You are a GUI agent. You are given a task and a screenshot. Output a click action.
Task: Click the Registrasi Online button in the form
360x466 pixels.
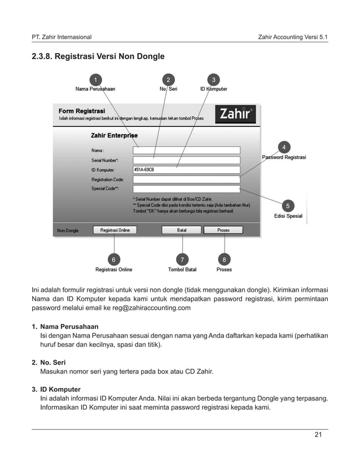click(x=115, y=230)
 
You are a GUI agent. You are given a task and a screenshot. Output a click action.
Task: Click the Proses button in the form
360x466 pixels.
click(x=223, y=230)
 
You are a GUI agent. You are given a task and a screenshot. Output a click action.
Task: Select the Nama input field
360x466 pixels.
click(x=186, y=150)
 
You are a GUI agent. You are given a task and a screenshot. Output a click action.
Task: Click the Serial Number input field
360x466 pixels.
click(x=186, y=160)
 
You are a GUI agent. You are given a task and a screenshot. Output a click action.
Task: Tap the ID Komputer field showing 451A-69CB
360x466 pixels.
click(x=186, y=169)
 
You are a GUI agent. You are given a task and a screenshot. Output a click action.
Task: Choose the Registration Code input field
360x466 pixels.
click(x=186, y=179)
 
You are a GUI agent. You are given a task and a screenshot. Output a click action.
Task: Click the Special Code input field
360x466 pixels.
click(x=186, y=188)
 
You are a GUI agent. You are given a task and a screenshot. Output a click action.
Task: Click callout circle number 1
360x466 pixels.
click(x=95, y=78)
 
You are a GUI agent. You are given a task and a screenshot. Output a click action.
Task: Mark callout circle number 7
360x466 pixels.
click(x=182, y=259)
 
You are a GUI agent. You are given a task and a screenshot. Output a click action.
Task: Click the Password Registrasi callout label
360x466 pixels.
click(x=284, y=157)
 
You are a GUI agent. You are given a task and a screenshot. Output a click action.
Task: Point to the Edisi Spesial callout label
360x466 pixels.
click(x=288, y=216)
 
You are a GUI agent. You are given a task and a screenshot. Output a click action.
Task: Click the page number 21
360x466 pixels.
click(x=318, y=434)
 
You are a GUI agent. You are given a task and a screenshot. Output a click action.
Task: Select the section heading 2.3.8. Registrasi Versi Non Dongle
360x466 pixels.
click(x=98, y=56)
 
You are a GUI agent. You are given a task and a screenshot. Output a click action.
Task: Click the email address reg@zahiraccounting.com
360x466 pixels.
click(x=148, y=308)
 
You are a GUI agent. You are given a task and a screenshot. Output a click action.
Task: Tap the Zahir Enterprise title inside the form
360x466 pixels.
click(x=114, y=135)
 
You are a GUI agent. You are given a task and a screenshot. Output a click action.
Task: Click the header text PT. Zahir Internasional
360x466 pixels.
click(x=62, y=37)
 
